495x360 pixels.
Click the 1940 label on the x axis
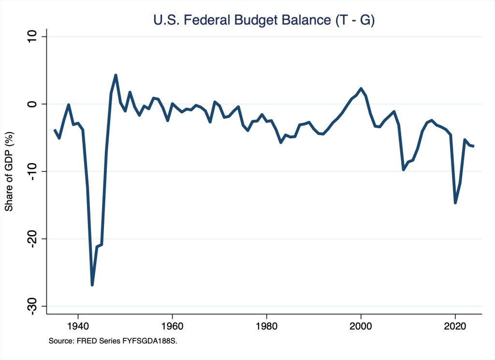[x=78, y=325]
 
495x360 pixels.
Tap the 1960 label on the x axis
[x=172, y=325]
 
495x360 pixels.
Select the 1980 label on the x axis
[x=267, y=325]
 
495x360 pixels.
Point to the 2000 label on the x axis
[x=361, y=325]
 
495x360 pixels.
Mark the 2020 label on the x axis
[x=455, y=325]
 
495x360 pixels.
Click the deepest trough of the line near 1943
[x=92, y=285]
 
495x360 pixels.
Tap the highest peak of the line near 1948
[x=116, y=75]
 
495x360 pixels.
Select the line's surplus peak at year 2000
[x=361, y=89]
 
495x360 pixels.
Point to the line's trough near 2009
[x=404, y=169]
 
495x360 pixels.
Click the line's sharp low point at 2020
[x=455, y=202]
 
